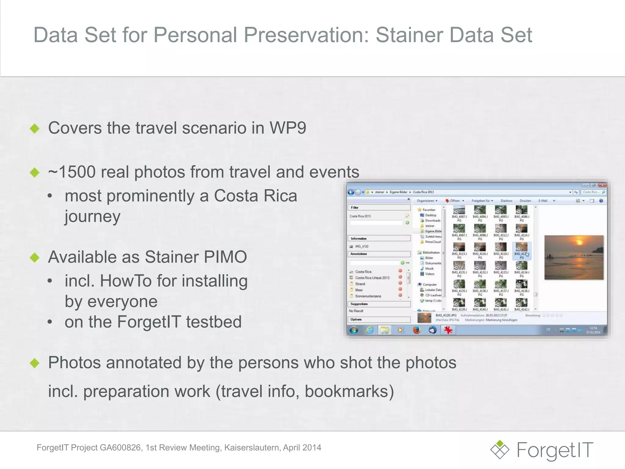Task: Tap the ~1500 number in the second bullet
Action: coord(72,172)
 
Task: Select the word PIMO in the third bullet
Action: coord(226,257)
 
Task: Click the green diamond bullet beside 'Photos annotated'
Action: coord(35,363)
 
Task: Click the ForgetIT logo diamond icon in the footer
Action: coord(500,449)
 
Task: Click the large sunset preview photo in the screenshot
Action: coord(574,257)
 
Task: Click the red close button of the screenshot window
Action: coord(602,185)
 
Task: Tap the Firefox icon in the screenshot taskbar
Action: coord(417,330)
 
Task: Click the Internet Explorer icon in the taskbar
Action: coord(370,330)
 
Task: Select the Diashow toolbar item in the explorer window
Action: coord(506,201)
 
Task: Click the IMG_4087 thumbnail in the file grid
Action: coord(459,211)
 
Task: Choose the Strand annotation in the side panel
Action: coord(360,284)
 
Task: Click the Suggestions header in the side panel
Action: coord(359,304)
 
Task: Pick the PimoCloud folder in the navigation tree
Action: coord(432,242)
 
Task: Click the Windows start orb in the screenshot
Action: coord(354,330)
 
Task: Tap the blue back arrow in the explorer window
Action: coord(351,192)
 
